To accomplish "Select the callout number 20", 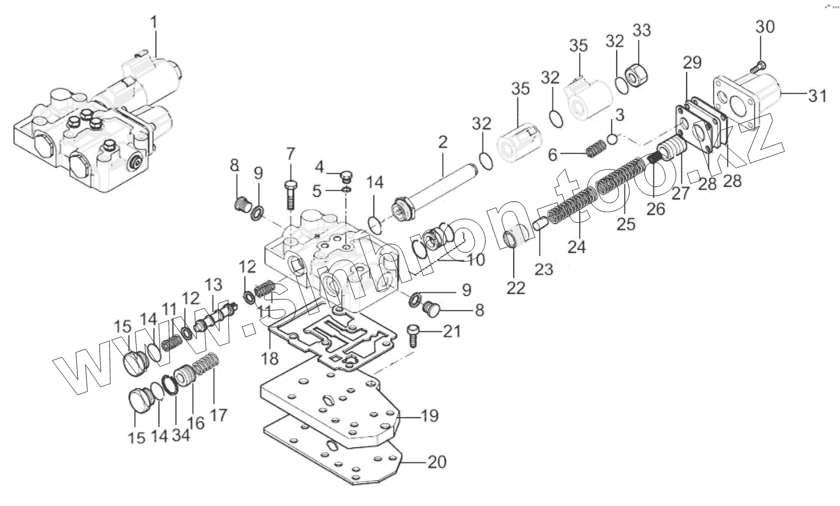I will (437, 462).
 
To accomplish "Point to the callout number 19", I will (430, 416).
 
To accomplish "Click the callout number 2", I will (443, 142).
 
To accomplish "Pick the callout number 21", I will (452, 332).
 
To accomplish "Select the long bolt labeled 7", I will (290, 193).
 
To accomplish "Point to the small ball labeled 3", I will (612, 138).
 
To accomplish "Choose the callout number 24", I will (576, 246).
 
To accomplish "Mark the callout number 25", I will (626, 224).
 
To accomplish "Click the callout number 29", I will (692, 63).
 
